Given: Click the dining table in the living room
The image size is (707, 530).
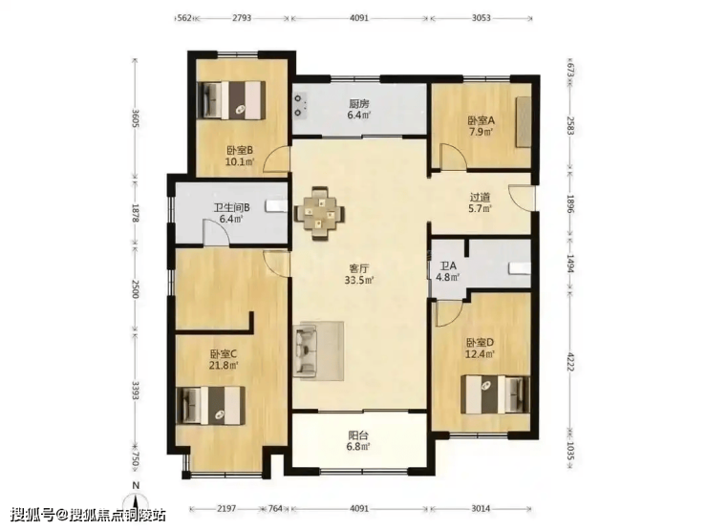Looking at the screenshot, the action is pos(320,212).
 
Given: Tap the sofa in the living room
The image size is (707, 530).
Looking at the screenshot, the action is pos(306,351).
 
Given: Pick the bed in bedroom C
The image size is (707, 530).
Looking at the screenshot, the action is pos(210,406).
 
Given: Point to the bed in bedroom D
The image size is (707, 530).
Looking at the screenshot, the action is pos(495,394).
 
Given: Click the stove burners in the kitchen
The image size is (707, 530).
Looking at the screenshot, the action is pos(300,104).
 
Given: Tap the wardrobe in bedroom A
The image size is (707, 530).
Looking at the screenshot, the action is pos(524,121).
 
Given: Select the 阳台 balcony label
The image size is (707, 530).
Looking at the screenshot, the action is pos(359,435).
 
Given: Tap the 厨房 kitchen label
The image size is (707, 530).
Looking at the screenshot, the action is pos(359,104).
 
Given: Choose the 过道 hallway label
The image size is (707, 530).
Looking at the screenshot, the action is pos(481,198).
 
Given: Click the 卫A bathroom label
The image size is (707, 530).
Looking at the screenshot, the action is pos(448,265).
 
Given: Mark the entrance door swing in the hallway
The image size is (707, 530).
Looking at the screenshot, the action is pos(521,198).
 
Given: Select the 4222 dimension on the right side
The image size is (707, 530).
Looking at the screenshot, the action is pos(570,361).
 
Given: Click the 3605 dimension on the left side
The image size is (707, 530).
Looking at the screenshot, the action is pos(135,117).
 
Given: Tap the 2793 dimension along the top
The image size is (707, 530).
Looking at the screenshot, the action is pos(242,18).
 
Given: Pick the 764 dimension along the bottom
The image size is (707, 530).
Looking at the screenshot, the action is pos(275,509).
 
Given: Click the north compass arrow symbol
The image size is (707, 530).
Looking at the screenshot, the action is pos(137,499).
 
